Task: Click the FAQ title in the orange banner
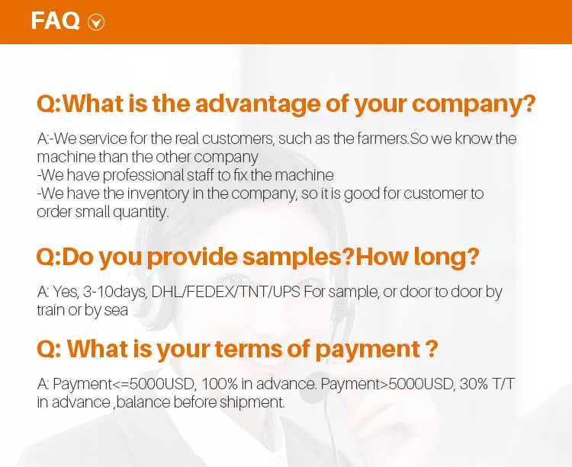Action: click(55, 21)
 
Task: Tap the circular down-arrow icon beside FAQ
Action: click(96, 22)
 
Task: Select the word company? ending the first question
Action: click(474, 104)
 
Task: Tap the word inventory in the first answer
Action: click(158, 194)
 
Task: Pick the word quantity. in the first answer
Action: click(140, 213)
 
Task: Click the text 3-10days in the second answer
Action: click(115, 292)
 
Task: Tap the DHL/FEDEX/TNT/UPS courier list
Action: click(226, 292)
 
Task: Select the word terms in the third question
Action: click(249, 349)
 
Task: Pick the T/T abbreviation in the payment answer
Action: click(503, 384)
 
